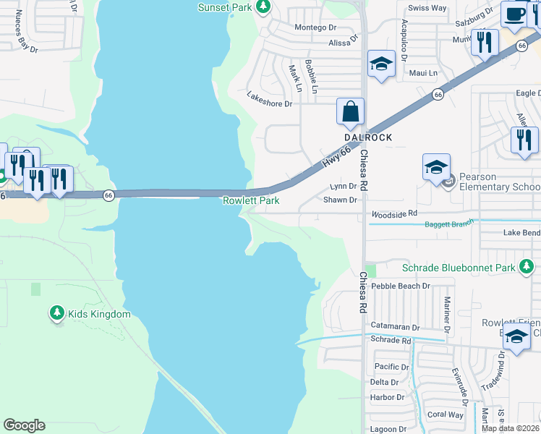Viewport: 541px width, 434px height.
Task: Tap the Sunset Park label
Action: point(224,7)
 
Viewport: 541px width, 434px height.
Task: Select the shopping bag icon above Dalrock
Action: point(350,112)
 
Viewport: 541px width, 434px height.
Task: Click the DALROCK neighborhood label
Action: point(368,137)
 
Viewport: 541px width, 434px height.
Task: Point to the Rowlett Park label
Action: point(251,200)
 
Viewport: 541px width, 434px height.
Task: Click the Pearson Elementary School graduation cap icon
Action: point(436,168)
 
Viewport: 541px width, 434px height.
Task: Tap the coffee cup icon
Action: point(514,14)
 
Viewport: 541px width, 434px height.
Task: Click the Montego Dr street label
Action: point(315,27)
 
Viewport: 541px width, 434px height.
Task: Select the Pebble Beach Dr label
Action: point(401,286)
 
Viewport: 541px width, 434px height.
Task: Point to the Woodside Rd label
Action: point(394,213)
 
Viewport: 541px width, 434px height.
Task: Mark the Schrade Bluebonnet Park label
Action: point(459,268)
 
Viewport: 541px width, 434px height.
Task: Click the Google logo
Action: point(24,425)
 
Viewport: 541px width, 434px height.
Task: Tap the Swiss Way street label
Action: point(427,8)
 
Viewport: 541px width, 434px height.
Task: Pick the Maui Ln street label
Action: point(423,73)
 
